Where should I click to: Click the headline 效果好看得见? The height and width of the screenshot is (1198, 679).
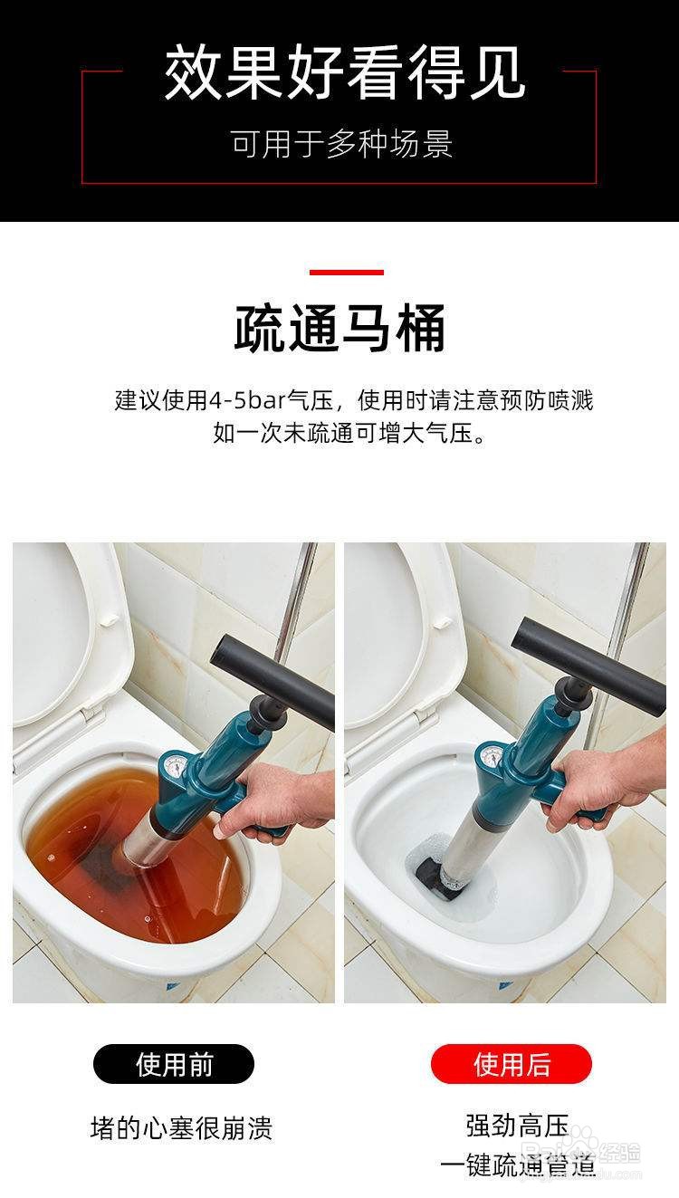point(344,74)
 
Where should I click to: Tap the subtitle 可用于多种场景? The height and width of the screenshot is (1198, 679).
point(341,144)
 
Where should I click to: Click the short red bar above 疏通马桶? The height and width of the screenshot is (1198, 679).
point(346,272)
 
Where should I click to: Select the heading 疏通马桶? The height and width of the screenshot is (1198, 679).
point(340,329)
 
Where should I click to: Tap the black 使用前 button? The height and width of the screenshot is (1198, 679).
point(174,1064)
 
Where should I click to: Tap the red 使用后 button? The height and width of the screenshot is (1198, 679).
point(512,1064)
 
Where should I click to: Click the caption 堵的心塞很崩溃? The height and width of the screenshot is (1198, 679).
point(181,1128)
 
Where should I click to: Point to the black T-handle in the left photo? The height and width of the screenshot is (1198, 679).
point(272,674)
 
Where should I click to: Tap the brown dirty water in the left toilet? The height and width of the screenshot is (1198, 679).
point(81,833)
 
